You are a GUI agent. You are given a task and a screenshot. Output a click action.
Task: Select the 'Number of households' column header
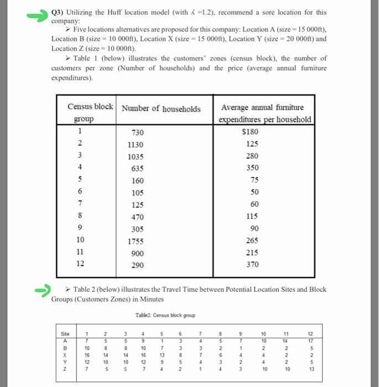tap(161, 109)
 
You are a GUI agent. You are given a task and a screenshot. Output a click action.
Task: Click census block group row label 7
tap(80, 204)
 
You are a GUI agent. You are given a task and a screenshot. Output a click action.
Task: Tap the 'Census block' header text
tap(90, 106)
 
